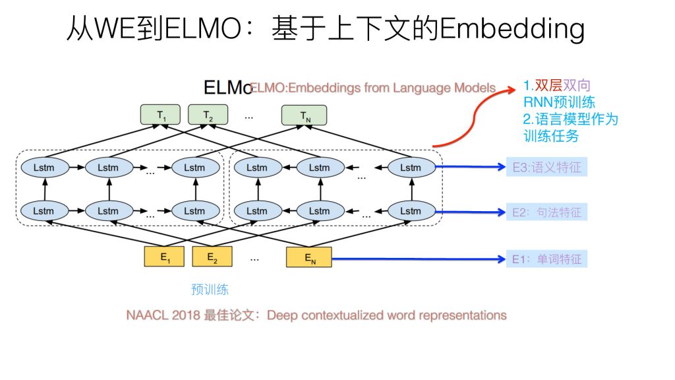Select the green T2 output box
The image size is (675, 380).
[208, 115]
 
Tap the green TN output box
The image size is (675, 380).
[305, 115]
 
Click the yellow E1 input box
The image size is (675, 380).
[164, 257]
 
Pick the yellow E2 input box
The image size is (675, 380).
[212, 257]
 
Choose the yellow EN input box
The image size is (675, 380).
[308, 257]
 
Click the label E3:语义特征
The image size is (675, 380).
[546, 168]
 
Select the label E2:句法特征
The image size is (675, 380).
[546, 212]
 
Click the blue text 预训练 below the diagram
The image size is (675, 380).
[210, 290]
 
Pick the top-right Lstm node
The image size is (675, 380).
[410, 168]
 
